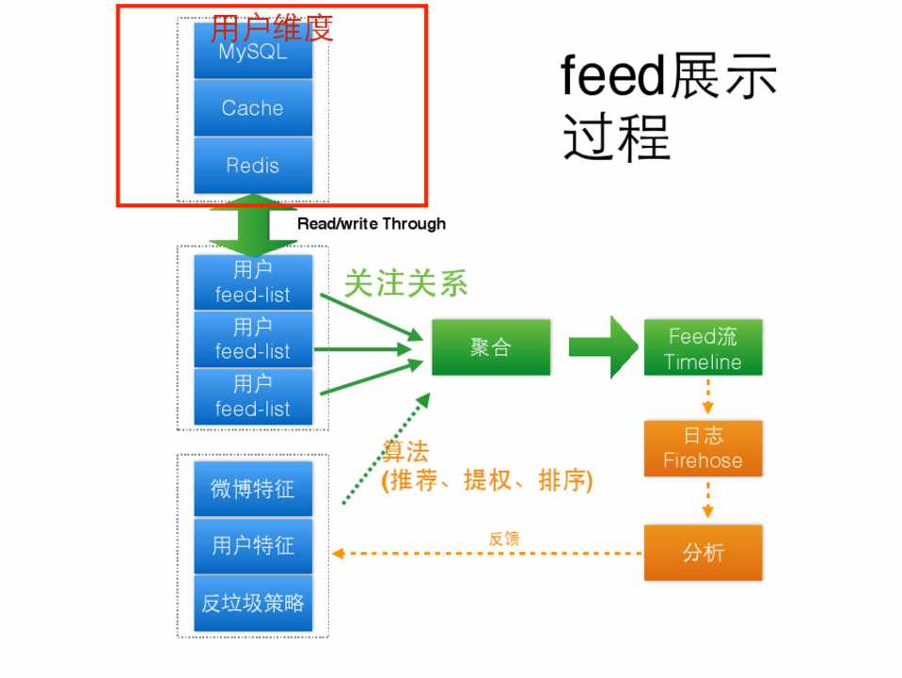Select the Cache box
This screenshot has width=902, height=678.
252,107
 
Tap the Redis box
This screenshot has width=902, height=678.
252,165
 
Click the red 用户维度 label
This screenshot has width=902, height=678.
272,27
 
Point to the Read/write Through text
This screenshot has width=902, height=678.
372,223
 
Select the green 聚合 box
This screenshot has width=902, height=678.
490,347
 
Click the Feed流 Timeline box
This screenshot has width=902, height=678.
703,348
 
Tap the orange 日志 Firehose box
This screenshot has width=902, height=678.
703,449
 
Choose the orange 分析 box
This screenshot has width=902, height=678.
703,552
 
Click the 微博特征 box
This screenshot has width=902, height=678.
252,488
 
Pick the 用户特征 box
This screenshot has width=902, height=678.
252,545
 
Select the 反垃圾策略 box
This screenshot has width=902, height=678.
252,603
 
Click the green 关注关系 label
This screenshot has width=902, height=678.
405,282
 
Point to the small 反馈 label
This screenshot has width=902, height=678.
504,539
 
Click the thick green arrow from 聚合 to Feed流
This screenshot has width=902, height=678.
602,347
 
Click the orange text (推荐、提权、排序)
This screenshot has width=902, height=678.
486,480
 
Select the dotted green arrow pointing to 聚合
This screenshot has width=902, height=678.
386,448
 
